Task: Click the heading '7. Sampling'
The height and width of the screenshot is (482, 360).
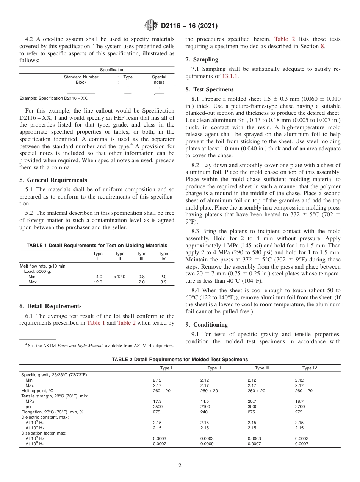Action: [202, 59]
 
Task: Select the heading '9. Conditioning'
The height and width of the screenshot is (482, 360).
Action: [207, 325]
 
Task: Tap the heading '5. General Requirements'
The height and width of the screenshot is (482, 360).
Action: [53, 180]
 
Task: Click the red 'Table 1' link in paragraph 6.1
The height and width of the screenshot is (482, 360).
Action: [96, 323]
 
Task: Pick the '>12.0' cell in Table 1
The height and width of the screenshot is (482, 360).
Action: [119, 277]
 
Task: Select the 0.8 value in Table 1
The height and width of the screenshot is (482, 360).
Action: [141, 277]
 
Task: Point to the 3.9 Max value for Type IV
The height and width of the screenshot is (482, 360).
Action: [163, 282]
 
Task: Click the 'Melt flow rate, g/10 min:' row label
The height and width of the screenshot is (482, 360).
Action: [43, 266]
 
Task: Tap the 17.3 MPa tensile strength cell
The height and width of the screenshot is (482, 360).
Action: [157, 401]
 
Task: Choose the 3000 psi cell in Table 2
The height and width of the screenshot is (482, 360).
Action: [252, 407]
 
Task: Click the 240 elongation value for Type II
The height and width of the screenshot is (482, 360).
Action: [204, 412]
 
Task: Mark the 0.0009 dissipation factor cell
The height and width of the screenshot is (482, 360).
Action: [207, 444]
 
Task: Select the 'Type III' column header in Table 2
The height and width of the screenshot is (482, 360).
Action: [261, 368]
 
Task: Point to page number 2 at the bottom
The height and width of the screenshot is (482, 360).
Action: [180, 466]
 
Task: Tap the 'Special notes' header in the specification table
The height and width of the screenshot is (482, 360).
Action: [159, 80]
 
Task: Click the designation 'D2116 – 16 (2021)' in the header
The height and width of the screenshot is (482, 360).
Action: [189, 26]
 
